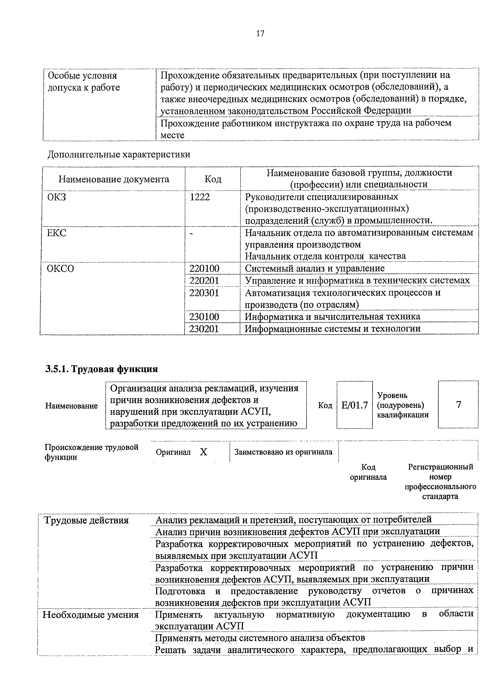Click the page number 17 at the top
(260, 33)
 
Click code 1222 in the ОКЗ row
(200, 197)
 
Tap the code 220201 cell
(204, 280)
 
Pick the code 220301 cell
(204, 293)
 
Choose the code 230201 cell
(204, 329)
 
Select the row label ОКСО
(60, 269)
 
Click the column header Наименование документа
(114, 179)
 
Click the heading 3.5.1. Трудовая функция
(101, 369)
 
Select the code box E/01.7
(354, 405)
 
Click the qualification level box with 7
(458, 405)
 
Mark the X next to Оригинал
(203, 452)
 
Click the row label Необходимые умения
(90, 615)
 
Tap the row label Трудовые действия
(86, 520)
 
